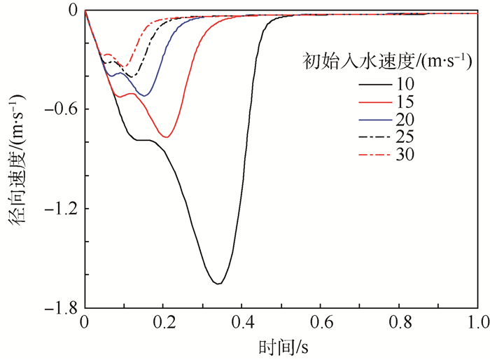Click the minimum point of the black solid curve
219,284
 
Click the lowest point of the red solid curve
166,137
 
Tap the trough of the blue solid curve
146,95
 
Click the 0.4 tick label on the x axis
241,323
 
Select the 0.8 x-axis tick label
399,323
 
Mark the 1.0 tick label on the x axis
477,323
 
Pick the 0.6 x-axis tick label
321,323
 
